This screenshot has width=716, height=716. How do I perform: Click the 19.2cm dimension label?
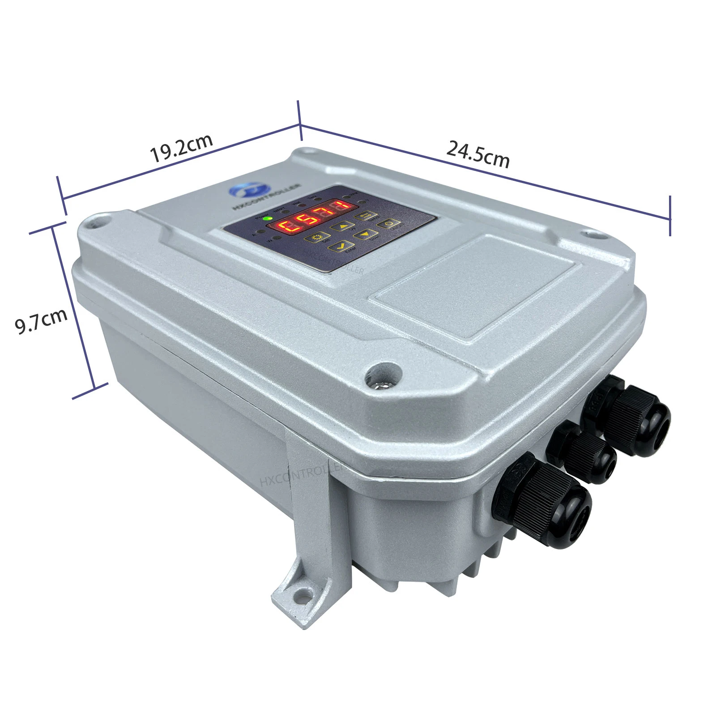181,148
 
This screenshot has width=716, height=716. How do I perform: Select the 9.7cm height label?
41,321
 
